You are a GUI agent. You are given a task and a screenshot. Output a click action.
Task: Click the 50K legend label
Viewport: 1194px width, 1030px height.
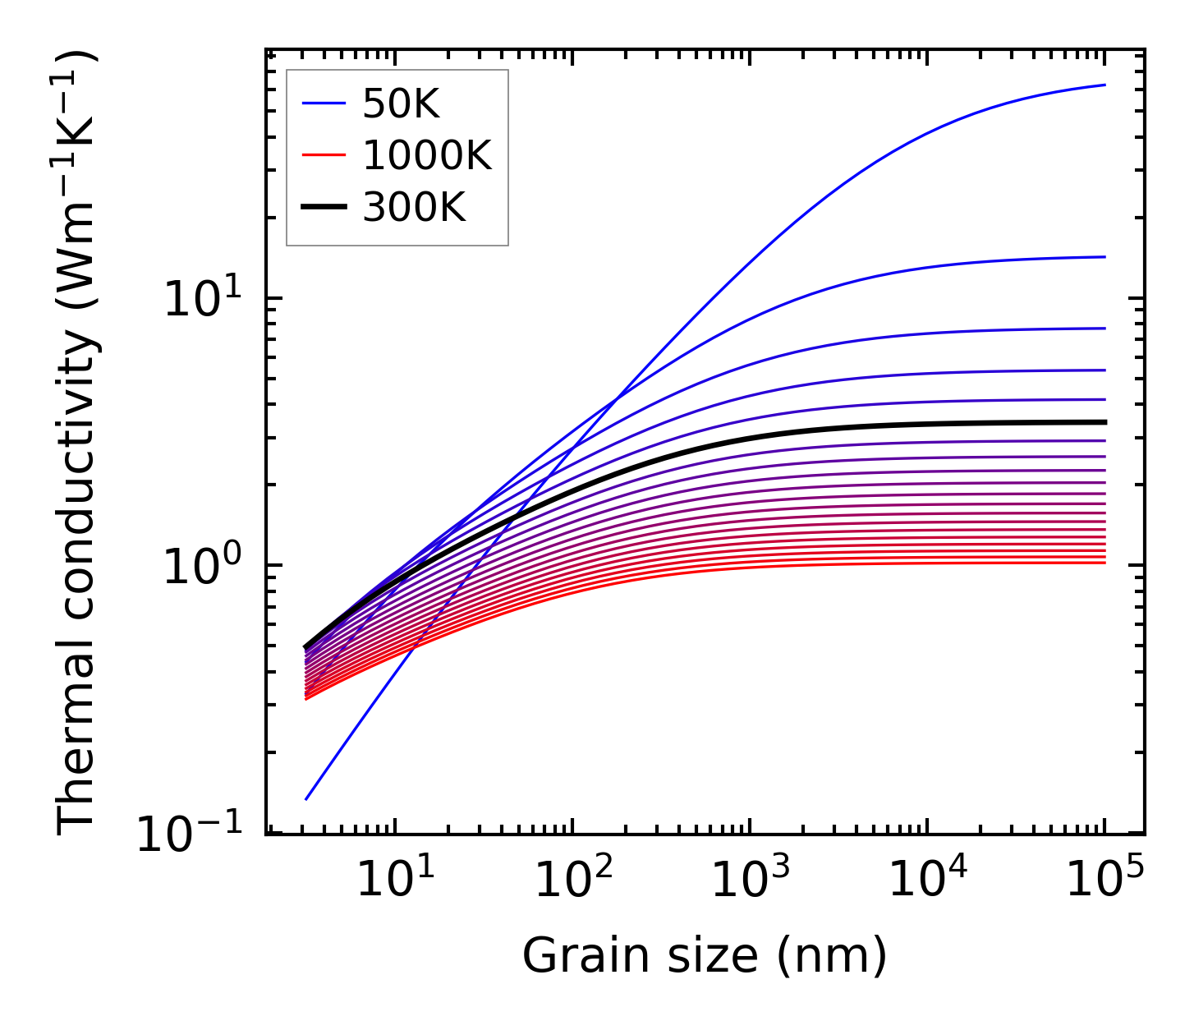point(402,104)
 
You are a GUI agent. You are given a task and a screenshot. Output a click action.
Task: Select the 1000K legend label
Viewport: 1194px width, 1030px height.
point(427,156)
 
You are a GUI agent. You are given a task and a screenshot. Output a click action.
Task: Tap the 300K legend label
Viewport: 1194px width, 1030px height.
point(414,208)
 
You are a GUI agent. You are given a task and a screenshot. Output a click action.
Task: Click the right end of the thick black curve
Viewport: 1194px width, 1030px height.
point(1104,422)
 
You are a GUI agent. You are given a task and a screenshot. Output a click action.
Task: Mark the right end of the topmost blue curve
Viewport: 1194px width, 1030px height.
point(1104,85)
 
